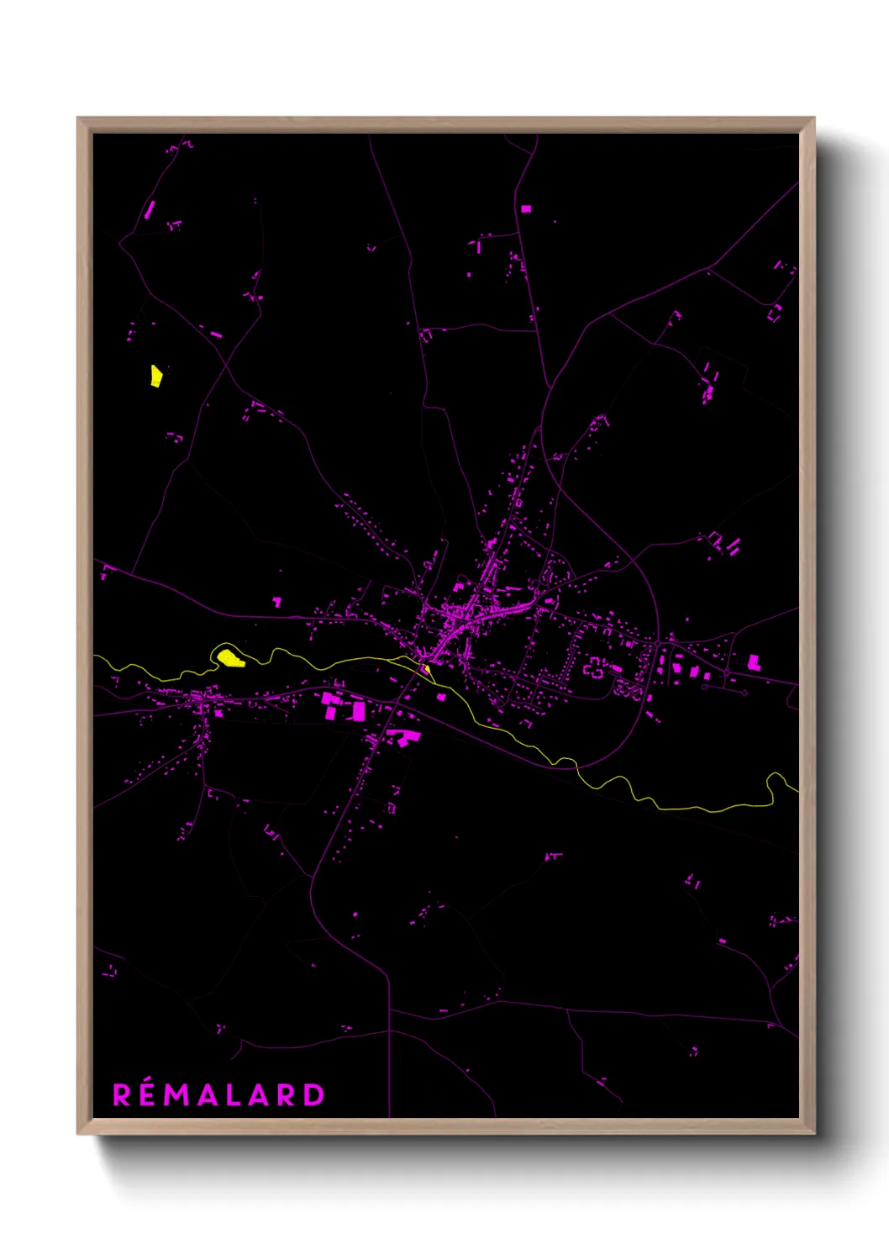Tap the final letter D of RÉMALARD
click(313, 1095)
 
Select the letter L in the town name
click(234, 1095)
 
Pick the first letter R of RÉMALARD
click(122, 1095)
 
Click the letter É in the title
click(149, 1095)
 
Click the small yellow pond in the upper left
click(155, 376)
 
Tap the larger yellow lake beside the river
click(229, 656)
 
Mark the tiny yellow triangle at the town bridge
click(427, 669)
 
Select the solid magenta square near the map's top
click(526, 208)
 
